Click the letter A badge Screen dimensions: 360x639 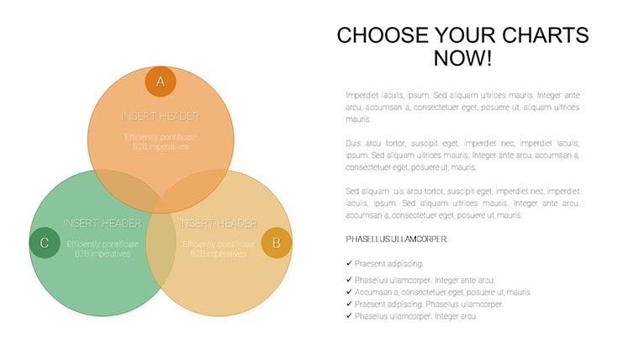[161, 82]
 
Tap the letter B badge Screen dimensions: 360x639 [277, 243]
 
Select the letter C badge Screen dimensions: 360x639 [45, 243]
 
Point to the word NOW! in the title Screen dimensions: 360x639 [462, 59]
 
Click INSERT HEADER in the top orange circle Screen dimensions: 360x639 [161, 115]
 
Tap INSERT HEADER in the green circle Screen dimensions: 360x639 [102, 224]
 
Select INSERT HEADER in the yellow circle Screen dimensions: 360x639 [219, 224]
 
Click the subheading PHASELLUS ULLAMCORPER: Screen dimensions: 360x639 [396, 240]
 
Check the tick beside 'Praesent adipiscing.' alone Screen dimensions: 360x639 [349, 263]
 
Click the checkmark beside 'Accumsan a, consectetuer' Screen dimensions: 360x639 [349, 292]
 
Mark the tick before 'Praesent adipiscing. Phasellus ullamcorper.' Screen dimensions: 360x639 [349, 304]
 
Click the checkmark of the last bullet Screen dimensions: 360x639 [349, 315]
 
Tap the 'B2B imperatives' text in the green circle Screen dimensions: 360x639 [102, 253]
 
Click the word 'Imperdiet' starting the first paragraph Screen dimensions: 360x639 [363, 95]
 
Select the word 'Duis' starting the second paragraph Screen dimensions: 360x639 [354, 143]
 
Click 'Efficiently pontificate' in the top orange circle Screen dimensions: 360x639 [161, 136]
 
